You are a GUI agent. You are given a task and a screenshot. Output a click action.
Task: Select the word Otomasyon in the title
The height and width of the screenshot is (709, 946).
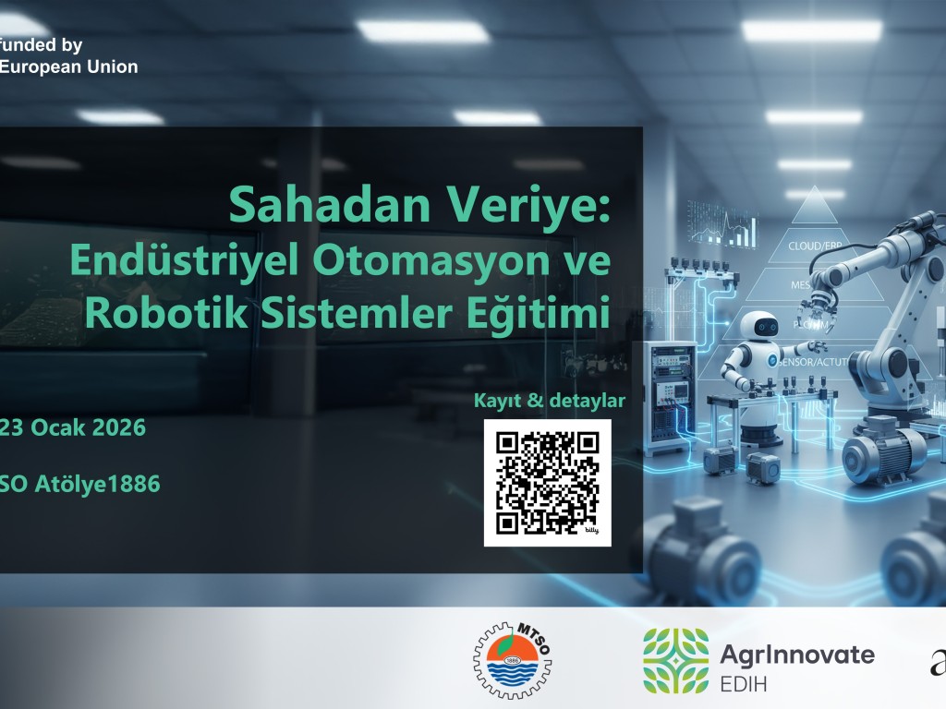coord(434,261)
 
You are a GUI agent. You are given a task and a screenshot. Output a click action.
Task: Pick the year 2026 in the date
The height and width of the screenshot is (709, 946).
coord(116,428)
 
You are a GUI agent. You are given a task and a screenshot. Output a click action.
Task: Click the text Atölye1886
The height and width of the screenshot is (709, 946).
coord(97,483)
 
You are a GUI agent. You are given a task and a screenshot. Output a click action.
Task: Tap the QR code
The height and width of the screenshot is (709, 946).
coord(547,483)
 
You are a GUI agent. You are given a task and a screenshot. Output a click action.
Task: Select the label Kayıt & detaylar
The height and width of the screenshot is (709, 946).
coord(549,401)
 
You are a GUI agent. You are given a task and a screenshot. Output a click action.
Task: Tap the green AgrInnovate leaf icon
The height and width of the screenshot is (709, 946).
coord(675,660)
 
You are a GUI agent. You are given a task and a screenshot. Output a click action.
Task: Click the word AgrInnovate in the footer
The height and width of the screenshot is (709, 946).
coord(795,655)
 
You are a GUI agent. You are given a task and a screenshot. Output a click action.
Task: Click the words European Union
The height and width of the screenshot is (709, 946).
coord(69,66)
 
